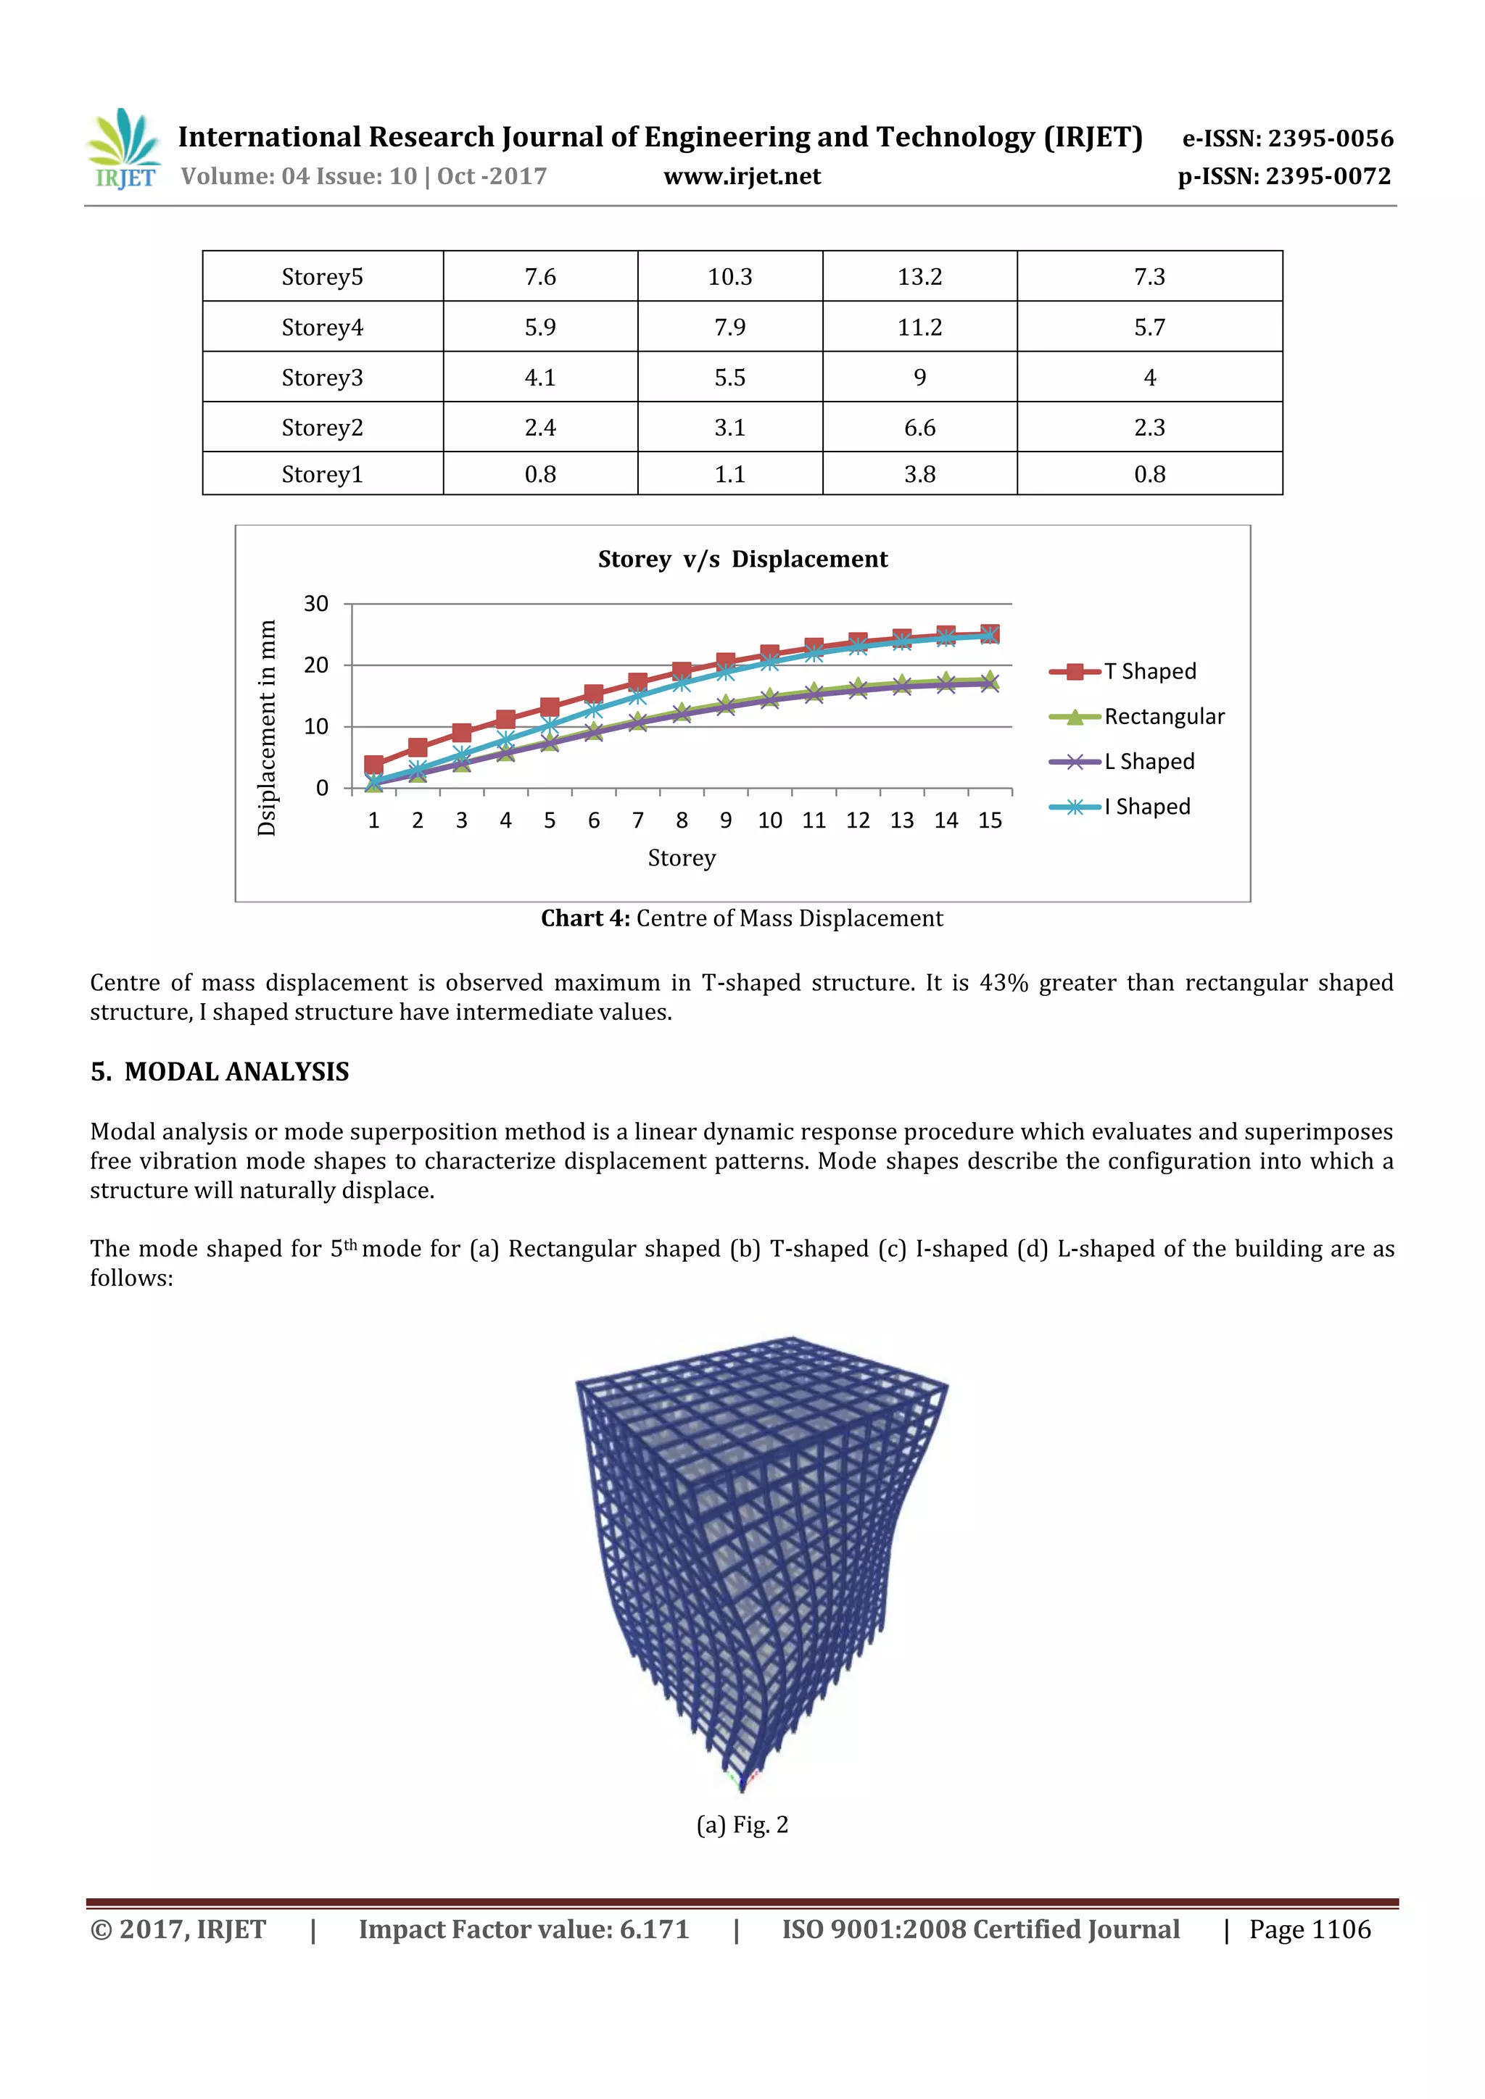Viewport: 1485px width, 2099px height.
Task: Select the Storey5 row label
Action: (322, 277)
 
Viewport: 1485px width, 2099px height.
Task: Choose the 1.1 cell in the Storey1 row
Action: (729, 475)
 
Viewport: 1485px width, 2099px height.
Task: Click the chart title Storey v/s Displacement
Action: (742, 560)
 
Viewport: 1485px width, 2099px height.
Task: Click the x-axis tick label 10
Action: (769, 821)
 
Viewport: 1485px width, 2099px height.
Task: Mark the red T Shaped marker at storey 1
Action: (373, 765)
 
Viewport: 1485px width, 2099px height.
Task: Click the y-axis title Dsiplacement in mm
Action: (267, 728)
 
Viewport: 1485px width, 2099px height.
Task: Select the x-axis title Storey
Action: (682, 858)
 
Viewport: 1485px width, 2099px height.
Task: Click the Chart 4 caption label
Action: (585, 919)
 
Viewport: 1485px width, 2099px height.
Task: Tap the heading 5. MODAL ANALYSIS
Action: (220, 1073)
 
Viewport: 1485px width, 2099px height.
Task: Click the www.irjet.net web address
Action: (742, 176)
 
